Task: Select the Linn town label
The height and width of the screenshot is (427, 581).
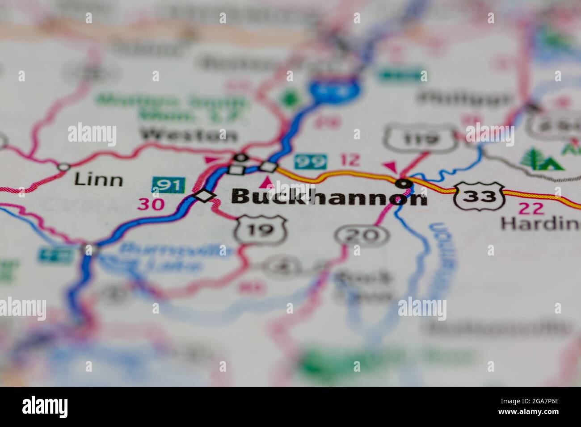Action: (98, 180)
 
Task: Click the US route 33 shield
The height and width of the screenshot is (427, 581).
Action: (479, 196)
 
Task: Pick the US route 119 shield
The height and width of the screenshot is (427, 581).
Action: (421, 139)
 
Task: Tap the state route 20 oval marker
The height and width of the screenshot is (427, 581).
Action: (363, 235)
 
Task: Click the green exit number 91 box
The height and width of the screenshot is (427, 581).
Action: (168, 185)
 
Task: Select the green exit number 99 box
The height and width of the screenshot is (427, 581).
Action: (310, 161)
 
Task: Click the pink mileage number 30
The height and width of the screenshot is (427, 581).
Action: (152, 204)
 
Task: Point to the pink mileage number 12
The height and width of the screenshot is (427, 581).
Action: (349, 160)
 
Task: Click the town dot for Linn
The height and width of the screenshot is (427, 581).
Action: (64, 167)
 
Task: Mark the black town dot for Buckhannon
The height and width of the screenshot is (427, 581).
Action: (404, 183)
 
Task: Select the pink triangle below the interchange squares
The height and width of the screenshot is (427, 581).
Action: (267, 182)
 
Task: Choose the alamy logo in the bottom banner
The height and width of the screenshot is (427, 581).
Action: (45, 407)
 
